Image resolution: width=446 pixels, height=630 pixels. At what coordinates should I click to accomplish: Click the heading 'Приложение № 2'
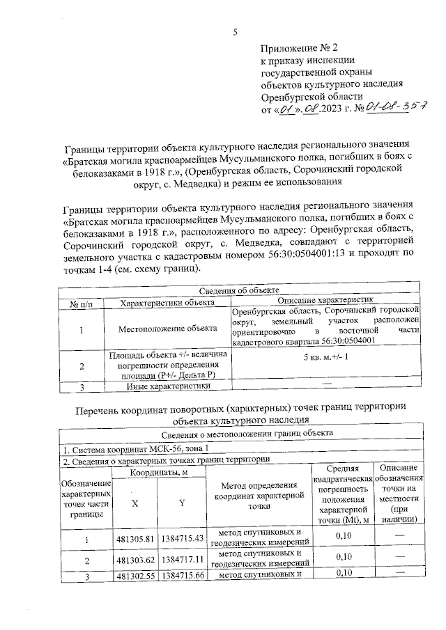click(x=298, y=49)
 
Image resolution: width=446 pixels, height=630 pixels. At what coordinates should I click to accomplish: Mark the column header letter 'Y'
click(x=181, y=503)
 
